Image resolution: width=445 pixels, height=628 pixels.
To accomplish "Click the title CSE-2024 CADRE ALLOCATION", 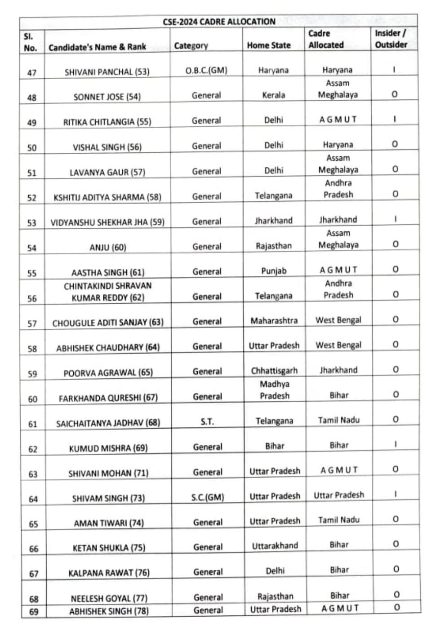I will pyautogui.click(x=219, y=22).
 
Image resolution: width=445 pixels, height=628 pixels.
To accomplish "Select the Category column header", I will pyautogui.click(x=191, y=45).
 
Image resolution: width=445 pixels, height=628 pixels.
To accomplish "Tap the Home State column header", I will pyautogui.click(x=268, y=45).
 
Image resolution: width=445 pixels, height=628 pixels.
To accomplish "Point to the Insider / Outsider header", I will pyautogui.click(x=391, y=39).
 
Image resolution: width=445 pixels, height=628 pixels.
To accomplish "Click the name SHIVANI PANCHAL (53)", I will pyautogui.click(x=107, y=72).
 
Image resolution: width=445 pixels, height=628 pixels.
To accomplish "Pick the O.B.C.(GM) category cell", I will pyautogui.click(x=206, y=71).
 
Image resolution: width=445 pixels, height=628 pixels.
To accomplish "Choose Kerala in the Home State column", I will pyautogui.click(x=273, y=95).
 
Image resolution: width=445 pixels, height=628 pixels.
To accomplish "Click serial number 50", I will pyautogui.click(x=32, y=148).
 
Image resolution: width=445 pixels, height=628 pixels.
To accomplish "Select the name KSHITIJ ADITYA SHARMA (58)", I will pyautogui.click(x=107, y=197).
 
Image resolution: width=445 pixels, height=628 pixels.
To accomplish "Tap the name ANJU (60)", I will pyautogui.click(x=108, y=248).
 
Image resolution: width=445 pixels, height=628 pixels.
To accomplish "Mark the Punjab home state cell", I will pyautogui.click(x=274, y=271).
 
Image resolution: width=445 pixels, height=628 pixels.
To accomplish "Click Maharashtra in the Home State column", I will pyautogui.click(x=274, y=321).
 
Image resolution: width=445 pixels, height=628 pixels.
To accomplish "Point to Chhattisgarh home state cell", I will pyautogui.click(x=274, y=371).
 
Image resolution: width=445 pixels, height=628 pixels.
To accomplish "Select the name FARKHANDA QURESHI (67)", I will pyautogui.click(x=108, y=398).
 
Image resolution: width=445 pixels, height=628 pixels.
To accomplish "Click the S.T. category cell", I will pyautogui.click(x=207, y=421).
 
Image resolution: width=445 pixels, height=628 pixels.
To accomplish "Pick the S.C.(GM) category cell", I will pyautogui.click(x=208, y=497).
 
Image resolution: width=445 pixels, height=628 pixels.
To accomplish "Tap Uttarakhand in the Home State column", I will pyautogui.click(x=275, y=546).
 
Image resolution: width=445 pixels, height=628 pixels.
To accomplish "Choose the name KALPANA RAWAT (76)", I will pyautogui.click(x=109, y=573).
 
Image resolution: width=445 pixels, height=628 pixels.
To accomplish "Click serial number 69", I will pyautogui.click(x=34, y=611).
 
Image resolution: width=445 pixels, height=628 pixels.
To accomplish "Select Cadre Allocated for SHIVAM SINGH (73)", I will pyautogui.click(x=339, y=495).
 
